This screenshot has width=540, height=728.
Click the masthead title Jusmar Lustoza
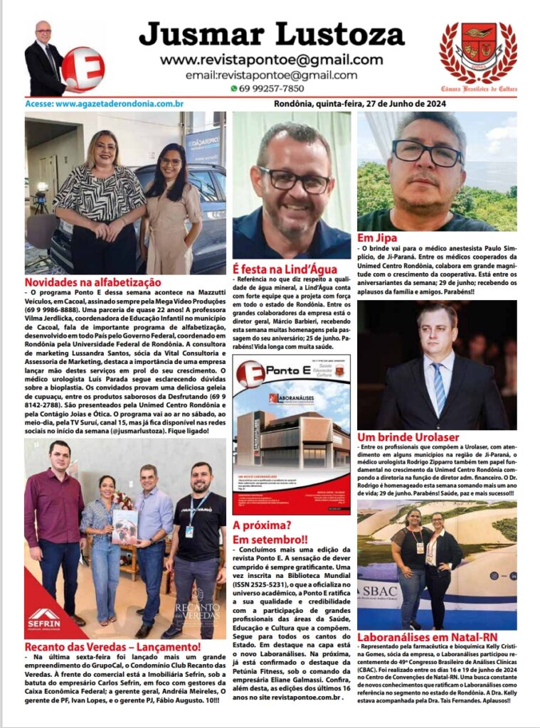click(271, 34)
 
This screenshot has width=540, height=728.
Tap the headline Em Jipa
click(377, 238)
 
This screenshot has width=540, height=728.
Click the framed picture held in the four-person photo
click(125, 527)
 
